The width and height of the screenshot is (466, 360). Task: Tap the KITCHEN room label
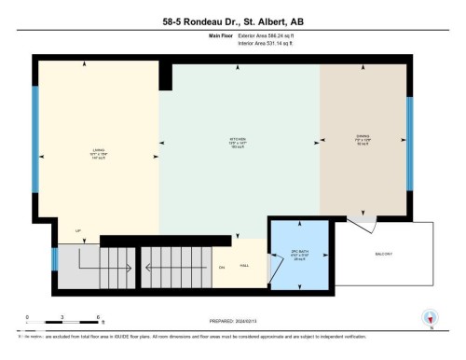pyautogui.click(x=238, y=143)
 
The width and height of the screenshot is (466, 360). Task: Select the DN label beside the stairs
pyautogui.click(x=222, y=268)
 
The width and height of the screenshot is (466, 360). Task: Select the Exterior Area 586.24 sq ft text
pyautogui.click(x=273, y=36)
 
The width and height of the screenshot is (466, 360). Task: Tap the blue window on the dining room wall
pyautogui.click(x=409, y=132)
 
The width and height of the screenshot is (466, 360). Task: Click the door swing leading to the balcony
pyautogui.click(x=363, y=224)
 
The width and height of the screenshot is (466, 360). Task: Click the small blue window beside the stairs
pyautogui.click(x=55, y=256)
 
